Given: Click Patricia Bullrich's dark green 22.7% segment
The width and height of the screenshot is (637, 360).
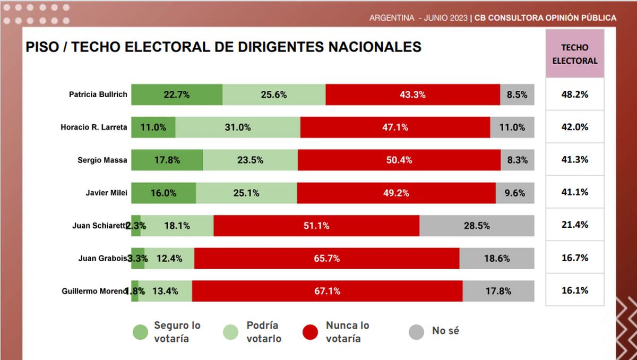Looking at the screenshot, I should click(x=177, y=95).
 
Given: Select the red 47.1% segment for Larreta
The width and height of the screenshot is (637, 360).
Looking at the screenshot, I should click(x=395, y=127).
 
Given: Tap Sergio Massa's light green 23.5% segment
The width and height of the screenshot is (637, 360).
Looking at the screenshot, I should click(x=250, y=160).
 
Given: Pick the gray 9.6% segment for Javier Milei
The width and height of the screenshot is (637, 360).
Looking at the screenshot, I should click(x=515, y=193).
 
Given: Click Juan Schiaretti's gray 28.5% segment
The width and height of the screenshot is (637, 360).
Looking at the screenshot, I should click(x=477, y=226).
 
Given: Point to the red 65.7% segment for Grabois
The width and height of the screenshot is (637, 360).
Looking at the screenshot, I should click(x=326, y=259).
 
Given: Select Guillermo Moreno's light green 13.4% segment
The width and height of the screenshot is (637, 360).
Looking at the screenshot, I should click(x=165, y=291).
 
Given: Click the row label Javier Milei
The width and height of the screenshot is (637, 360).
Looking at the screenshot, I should click(x=106, y=193).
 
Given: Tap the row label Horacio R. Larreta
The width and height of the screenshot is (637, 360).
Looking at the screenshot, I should click(x=94, y=127).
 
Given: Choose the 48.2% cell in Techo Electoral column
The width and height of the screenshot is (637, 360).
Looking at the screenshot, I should click(x=574, y=95).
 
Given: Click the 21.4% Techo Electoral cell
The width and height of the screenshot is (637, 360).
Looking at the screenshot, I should click(x=574, y=225).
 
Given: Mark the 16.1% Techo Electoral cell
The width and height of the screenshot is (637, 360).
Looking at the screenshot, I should click(x=574, y=290).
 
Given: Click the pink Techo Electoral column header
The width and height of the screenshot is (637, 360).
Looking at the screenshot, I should click(x=574, y=54).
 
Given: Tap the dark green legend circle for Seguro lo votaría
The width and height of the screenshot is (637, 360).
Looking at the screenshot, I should click(x=140, y=332).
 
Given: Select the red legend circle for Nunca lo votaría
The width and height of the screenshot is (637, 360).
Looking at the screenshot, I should click(x=310, y=332).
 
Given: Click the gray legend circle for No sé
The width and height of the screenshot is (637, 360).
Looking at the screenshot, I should click(x=416, y=332).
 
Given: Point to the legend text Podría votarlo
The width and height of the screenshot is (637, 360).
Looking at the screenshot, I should click(x=263, y=332).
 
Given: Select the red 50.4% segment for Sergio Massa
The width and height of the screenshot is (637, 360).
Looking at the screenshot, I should click(x=399, y=160).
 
